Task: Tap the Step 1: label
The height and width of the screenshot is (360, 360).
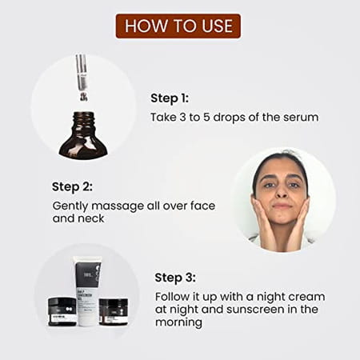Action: point(170,98)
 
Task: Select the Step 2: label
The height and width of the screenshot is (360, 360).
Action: point(71,186)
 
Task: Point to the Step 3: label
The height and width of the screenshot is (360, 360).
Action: point(174,278)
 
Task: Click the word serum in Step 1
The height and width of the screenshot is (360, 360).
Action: point(302,118)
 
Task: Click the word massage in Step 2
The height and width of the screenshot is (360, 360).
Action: point(113,206)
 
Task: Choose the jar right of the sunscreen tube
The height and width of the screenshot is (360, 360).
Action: point(114,311)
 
